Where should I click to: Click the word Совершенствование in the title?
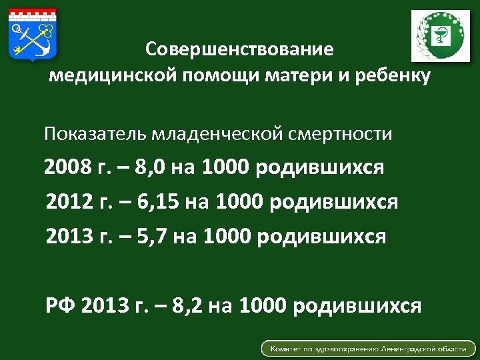pos(239,50)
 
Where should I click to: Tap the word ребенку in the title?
pos(393,75)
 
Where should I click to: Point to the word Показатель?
pos(95,134)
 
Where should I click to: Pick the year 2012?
pos(69,202)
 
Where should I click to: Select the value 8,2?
pos(188,305)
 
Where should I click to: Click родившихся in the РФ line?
pos(356,305)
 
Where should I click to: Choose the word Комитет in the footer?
pos(288,349)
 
